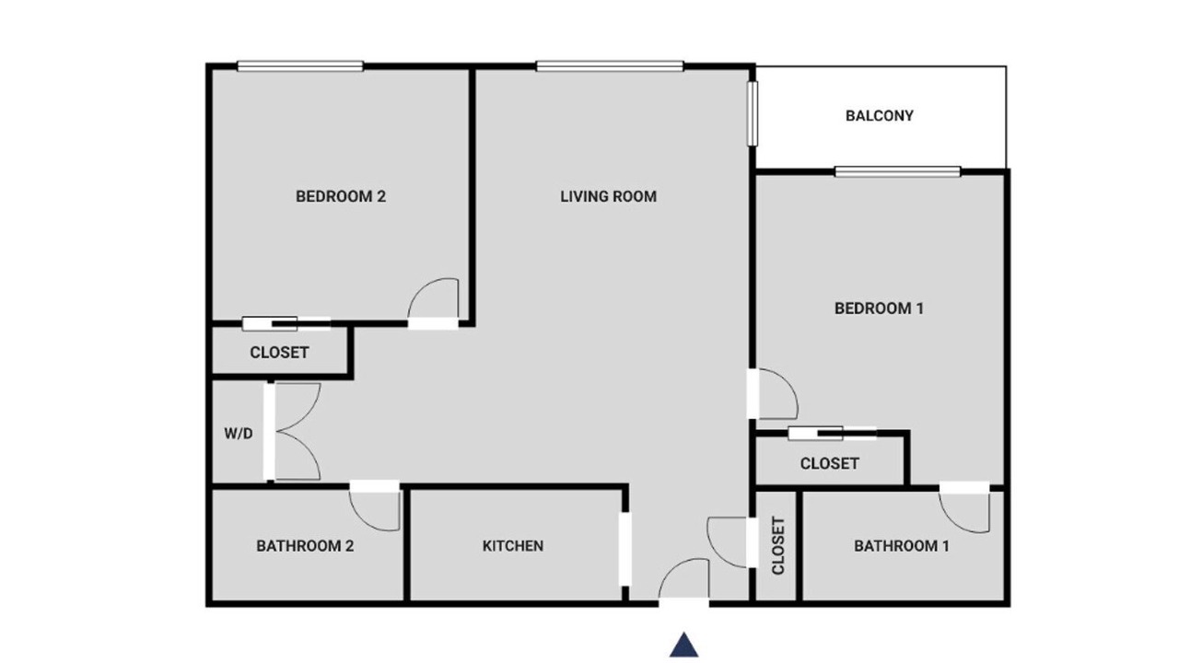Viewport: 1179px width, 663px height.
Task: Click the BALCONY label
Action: click(x=879, y=116)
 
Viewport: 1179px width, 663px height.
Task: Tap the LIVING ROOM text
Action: click(x=608, y=197)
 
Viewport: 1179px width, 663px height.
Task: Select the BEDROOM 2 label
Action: click(x=341, y=197)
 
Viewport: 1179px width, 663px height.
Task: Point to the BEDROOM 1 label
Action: click(x=879, y=308)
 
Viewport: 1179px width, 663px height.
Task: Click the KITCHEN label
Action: click(x=513, y=546)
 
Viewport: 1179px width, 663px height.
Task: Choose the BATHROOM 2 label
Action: click(x=305, y=546)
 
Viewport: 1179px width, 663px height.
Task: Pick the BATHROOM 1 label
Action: click(x=902, y=546)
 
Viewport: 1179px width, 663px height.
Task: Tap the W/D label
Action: click(x=239, y=434)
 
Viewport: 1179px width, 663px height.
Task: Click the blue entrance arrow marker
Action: click(x=683, y=646)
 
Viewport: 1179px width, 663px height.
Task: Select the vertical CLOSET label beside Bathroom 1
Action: click(x=778, y=546)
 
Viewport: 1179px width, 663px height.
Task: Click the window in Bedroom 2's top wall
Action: click(x=300, y=66)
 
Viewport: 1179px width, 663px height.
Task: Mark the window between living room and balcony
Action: click(x=753, y=113)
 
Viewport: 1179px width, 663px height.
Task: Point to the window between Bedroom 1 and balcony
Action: click(x=898, y=171)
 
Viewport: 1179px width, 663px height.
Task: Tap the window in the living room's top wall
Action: click(x=610, y=66)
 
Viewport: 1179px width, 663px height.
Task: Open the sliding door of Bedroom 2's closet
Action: click(x=286, y=323)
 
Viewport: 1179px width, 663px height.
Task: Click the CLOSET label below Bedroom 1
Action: click(x=830, y=463)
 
